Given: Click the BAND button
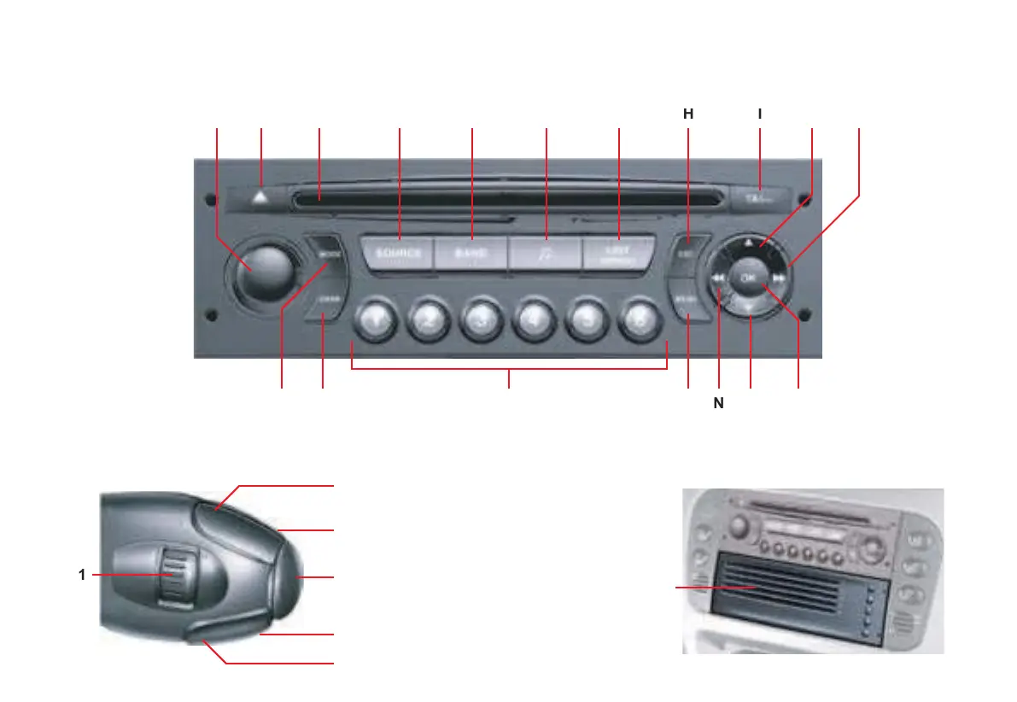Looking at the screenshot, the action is click(471, 254).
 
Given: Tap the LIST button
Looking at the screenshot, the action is click(618, 254).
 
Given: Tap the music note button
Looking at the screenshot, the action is click(545, 254).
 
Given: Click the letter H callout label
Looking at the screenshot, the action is click(688, 114).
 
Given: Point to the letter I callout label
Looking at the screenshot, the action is click(759, 114).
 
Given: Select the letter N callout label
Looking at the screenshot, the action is click(719, 404).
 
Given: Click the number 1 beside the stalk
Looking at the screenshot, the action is click(82, 576).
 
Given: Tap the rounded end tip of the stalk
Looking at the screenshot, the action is click(290, 577).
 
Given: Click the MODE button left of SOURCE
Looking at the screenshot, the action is click(326, 254).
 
